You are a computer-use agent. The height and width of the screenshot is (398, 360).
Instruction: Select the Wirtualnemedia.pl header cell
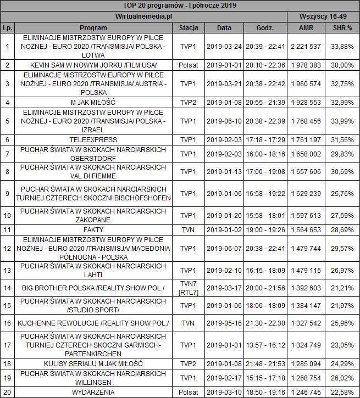click(144, 16)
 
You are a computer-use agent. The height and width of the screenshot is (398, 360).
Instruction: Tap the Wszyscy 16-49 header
click(323, 16)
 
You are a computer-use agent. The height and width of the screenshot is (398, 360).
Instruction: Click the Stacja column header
click(189, 27)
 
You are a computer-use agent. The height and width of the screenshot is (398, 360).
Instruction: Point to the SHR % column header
click(342, 27)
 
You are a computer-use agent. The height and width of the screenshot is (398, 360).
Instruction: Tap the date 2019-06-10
click(224, 121)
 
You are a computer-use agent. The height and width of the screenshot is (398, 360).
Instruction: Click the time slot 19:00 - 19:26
click(265, 229)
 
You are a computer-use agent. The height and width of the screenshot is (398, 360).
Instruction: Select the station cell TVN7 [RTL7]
click(189, 287)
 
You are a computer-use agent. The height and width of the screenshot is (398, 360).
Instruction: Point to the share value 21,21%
click(342, 287)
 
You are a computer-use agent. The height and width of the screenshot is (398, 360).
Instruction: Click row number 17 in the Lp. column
click(7, 345)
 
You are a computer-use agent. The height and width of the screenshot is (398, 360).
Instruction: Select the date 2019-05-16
click(224, 323)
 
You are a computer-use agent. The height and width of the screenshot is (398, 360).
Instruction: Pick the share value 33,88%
click(342, 47)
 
